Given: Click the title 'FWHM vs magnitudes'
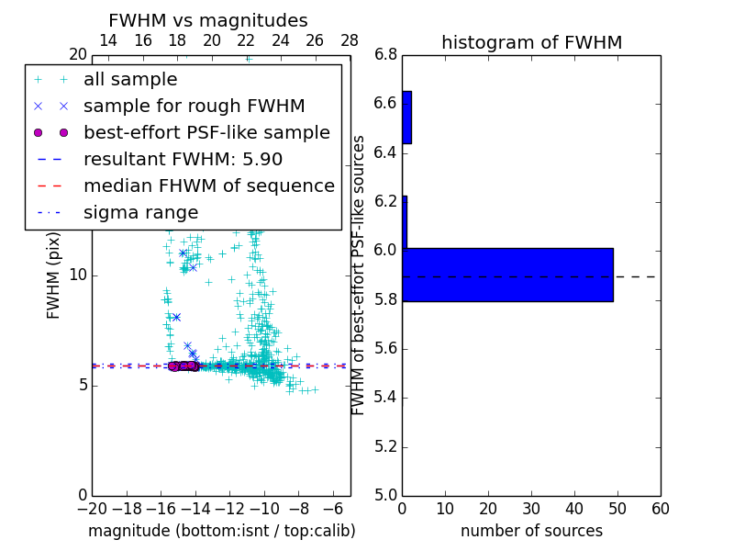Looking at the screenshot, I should click(x=208, y=20).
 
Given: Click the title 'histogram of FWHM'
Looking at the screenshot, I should click(x=531, y=42).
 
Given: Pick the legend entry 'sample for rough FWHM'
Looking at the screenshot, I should click(x=194, y=107).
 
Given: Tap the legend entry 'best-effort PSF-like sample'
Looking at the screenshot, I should click(x=206, y=133).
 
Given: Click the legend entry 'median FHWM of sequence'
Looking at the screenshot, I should click(x=208, y=186).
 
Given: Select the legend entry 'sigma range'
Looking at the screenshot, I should click(x=140, y=212).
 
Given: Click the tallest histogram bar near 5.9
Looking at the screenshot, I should click(x=507, y=275).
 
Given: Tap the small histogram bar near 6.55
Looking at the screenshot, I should click(x=406, y=117).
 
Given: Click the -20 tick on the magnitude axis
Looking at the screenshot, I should click(x=92, y=509).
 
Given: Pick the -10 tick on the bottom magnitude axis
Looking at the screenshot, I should click(x=264, y=509).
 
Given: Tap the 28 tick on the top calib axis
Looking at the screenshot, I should click(x=350, y=40).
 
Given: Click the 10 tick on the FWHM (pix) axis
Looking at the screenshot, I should click(x=78, y=275).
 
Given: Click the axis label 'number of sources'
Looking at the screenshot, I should click(x=531, y=531).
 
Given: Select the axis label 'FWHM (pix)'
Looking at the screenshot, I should click(x=53, y=275).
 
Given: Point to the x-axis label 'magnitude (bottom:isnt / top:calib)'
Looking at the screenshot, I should click(x=221, y=531).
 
